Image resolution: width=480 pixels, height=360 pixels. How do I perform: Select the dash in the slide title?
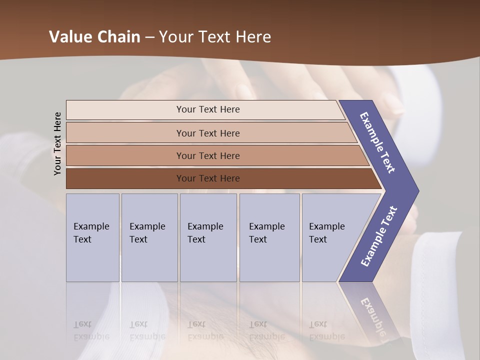click(x=149, y=37)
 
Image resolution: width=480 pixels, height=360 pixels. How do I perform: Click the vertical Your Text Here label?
click(x=57, y=143)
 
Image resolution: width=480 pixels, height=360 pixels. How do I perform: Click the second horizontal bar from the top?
click(x=208, y=133)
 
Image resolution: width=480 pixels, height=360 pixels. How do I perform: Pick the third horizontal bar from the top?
click(x=208, y=155)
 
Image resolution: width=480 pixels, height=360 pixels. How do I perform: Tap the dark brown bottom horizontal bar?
click(x=208, y=178)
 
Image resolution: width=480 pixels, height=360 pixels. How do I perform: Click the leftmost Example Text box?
click(x=92, y=237)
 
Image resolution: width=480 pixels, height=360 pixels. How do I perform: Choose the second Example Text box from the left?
click(x=149, y=237)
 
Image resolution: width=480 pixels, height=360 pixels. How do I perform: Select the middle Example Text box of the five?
click(x=208, y=237)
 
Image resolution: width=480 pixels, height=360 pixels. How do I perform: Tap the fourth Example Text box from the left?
click(x=269, y=237)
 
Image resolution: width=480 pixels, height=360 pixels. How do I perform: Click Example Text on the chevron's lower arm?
click(x=378, y=236)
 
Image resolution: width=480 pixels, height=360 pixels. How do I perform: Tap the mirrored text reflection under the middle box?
click(x=205, y=330)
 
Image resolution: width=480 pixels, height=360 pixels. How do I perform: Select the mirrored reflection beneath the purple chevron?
click(x=371, y=315)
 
